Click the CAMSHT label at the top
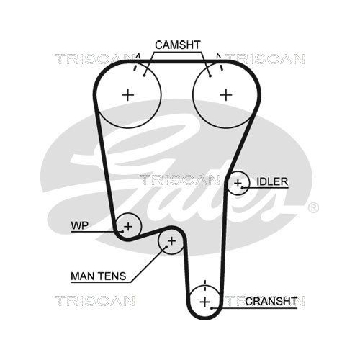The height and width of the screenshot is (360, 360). coord(178,45)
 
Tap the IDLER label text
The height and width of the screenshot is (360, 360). coord(272,181)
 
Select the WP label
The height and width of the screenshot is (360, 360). coord(80,225)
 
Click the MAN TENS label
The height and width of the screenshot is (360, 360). coord(99,276)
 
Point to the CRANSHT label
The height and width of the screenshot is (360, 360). coord(271,301)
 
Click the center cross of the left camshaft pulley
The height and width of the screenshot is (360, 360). coord(128,95)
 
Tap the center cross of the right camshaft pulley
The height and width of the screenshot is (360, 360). coord(226,95)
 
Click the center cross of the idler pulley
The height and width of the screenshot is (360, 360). coord(238,184)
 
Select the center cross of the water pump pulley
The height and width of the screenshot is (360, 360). coord(128,226)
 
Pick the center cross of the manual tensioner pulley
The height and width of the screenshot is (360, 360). coord(171,240)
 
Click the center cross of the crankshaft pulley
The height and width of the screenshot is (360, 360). coord(205,302)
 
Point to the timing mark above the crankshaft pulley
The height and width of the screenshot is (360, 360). coord(204,285)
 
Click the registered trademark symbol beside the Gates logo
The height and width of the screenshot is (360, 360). coord(313,207)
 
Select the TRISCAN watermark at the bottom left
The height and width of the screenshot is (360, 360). coord(95,301)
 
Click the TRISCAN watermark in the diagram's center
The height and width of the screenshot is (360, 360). coord(179,180)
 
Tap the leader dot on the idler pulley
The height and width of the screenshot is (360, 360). coord(243,187)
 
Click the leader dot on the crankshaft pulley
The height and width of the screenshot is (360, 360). coord(212,308)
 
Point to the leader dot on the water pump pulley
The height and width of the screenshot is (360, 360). coord(122,232)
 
